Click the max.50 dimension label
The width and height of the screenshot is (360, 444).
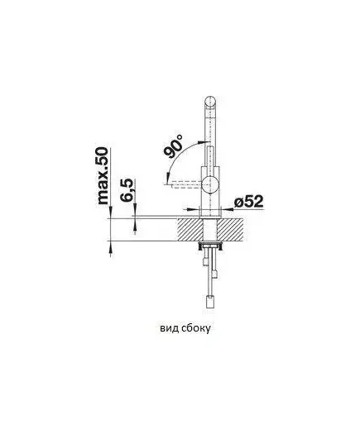103,175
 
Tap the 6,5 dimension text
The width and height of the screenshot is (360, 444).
127,190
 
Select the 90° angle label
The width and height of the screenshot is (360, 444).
173,146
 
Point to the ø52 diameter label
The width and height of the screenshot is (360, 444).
248,202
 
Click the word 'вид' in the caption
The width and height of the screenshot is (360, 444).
169,328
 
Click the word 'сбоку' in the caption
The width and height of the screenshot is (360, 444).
195,328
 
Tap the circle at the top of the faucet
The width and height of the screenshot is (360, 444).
210,102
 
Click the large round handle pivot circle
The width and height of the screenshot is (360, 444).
210,184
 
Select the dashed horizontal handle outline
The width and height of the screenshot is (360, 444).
184,184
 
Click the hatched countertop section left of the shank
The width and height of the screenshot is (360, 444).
190,230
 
